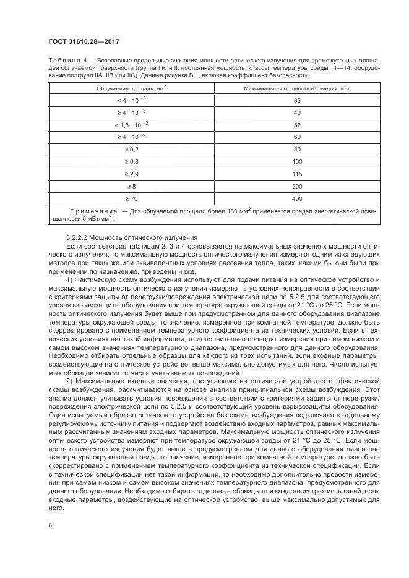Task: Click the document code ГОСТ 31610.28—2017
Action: [84, 42]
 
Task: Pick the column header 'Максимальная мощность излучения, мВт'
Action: [297, 89]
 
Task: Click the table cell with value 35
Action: [297, 100]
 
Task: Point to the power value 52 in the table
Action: [297, 125]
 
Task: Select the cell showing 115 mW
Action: [297, 174]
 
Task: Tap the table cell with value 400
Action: [297, 199]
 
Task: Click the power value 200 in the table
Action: [297, 187]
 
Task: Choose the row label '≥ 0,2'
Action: [131, 150]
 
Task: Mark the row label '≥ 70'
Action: [131, 199]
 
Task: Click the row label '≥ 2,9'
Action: [131, 174]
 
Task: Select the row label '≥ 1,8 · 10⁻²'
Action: [131, 125]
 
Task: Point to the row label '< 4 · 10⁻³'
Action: [131, 100]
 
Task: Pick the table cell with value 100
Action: [297, 162]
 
